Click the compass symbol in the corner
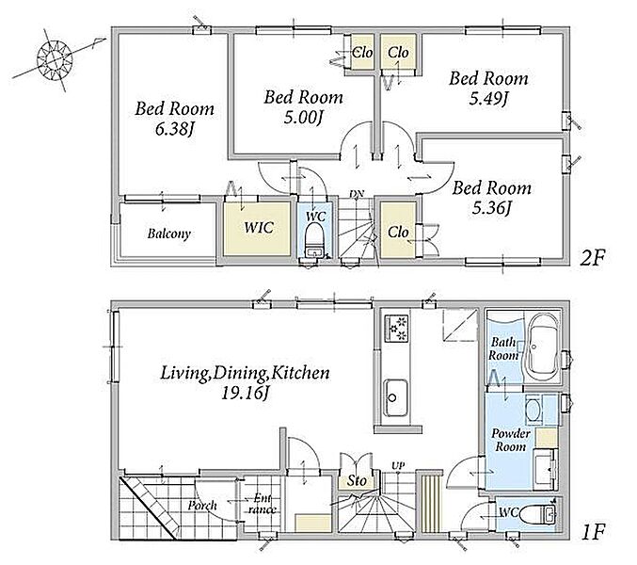coord(55,61)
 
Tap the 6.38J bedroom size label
coord(173,129)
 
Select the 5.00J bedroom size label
coord(303,118)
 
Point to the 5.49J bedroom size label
coord(488,99)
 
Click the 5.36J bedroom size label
coord(491,208)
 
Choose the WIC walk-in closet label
coord(259,227)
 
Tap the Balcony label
coord(169,234)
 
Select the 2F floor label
coord(593,257)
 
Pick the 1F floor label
coord(594,532)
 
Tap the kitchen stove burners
coord(396,328)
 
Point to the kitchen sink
coord(396,397)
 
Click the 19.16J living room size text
coord(246,393)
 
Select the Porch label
coord(202,506)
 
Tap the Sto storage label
coord(357,481)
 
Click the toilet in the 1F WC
coord(536,514)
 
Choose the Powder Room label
coord(511,440)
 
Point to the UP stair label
coord(398,466)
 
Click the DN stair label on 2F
coord(357,193)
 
